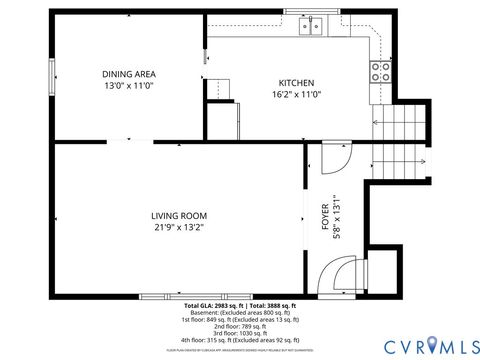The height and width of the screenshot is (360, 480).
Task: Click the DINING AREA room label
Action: pos(128,74)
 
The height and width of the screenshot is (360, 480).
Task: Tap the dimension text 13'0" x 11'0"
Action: pos(128,86)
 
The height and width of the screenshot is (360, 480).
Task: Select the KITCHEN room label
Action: pos(296,83)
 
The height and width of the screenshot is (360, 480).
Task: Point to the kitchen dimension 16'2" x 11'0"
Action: pos(296,95)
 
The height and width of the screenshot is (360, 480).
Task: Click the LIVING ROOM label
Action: pos(179,215)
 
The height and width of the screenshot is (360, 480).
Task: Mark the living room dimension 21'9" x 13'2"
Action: pos(179,227)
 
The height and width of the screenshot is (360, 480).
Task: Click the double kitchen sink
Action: pos(312,27)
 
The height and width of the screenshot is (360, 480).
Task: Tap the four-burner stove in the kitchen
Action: pos(381,71)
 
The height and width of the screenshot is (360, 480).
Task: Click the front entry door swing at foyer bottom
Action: pos(342,276)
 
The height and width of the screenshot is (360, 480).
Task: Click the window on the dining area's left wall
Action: pos(51,77)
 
